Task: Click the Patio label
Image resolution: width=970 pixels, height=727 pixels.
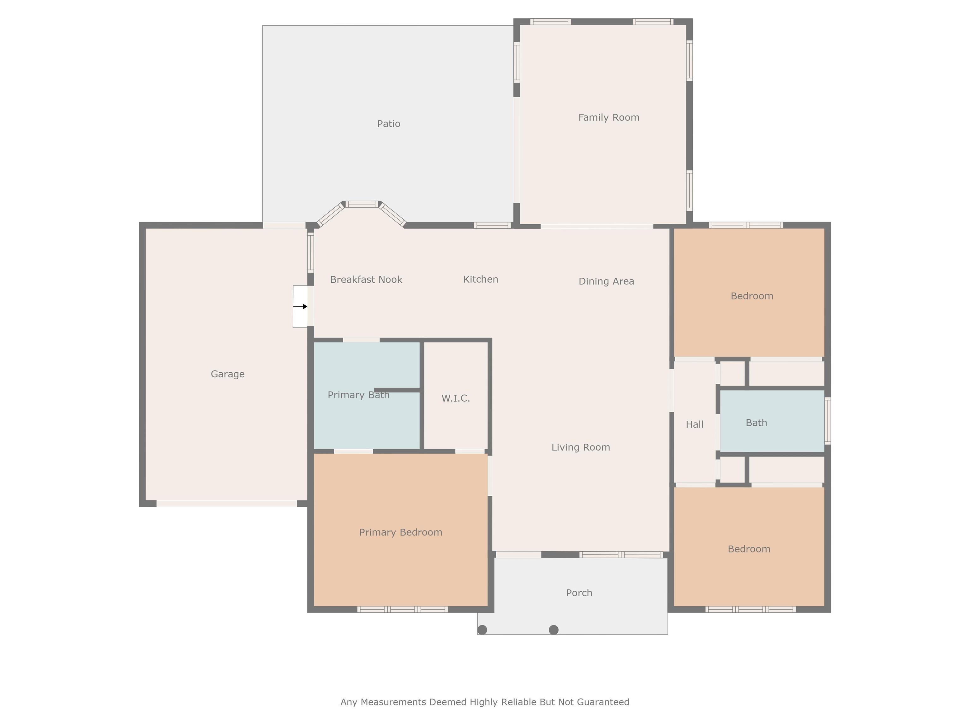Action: point(388,124)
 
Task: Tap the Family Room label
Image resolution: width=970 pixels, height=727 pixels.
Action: point(609,117)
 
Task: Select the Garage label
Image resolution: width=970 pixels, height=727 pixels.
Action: point(228,374)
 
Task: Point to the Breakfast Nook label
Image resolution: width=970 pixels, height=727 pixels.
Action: point(366,280)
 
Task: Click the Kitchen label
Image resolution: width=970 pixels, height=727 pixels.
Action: point(481,279)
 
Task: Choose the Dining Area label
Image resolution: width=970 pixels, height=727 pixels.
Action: point(607,281)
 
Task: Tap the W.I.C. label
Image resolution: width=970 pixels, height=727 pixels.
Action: point(456,398)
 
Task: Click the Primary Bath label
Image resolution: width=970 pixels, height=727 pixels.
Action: point(359,395)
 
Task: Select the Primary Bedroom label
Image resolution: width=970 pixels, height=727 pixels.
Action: point(401,532)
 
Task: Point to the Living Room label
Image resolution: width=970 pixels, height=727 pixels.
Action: point(581,447)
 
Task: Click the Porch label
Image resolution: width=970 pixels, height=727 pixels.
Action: point(579,593)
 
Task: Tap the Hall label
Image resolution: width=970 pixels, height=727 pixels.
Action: point(695,424)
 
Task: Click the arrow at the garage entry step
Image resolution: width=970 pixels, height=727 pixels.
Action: point(300,307)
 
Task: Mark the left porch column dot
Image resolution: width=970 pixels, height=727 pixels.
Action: point(482,630)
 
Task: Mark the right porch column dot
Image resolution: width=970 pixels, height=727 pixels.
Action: point(554,630)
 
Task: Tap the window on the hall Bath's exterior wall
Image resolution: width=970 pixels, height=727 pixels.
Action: point(828,421)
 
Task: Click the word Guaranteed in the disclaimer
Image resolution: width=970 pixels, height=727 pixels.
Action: point(603,702)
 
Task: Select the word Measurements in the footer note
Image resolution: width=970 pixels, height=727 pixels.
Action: point(393,702)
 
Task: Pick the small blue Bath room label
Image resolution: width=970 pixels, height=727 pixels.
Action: point(757,423)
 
